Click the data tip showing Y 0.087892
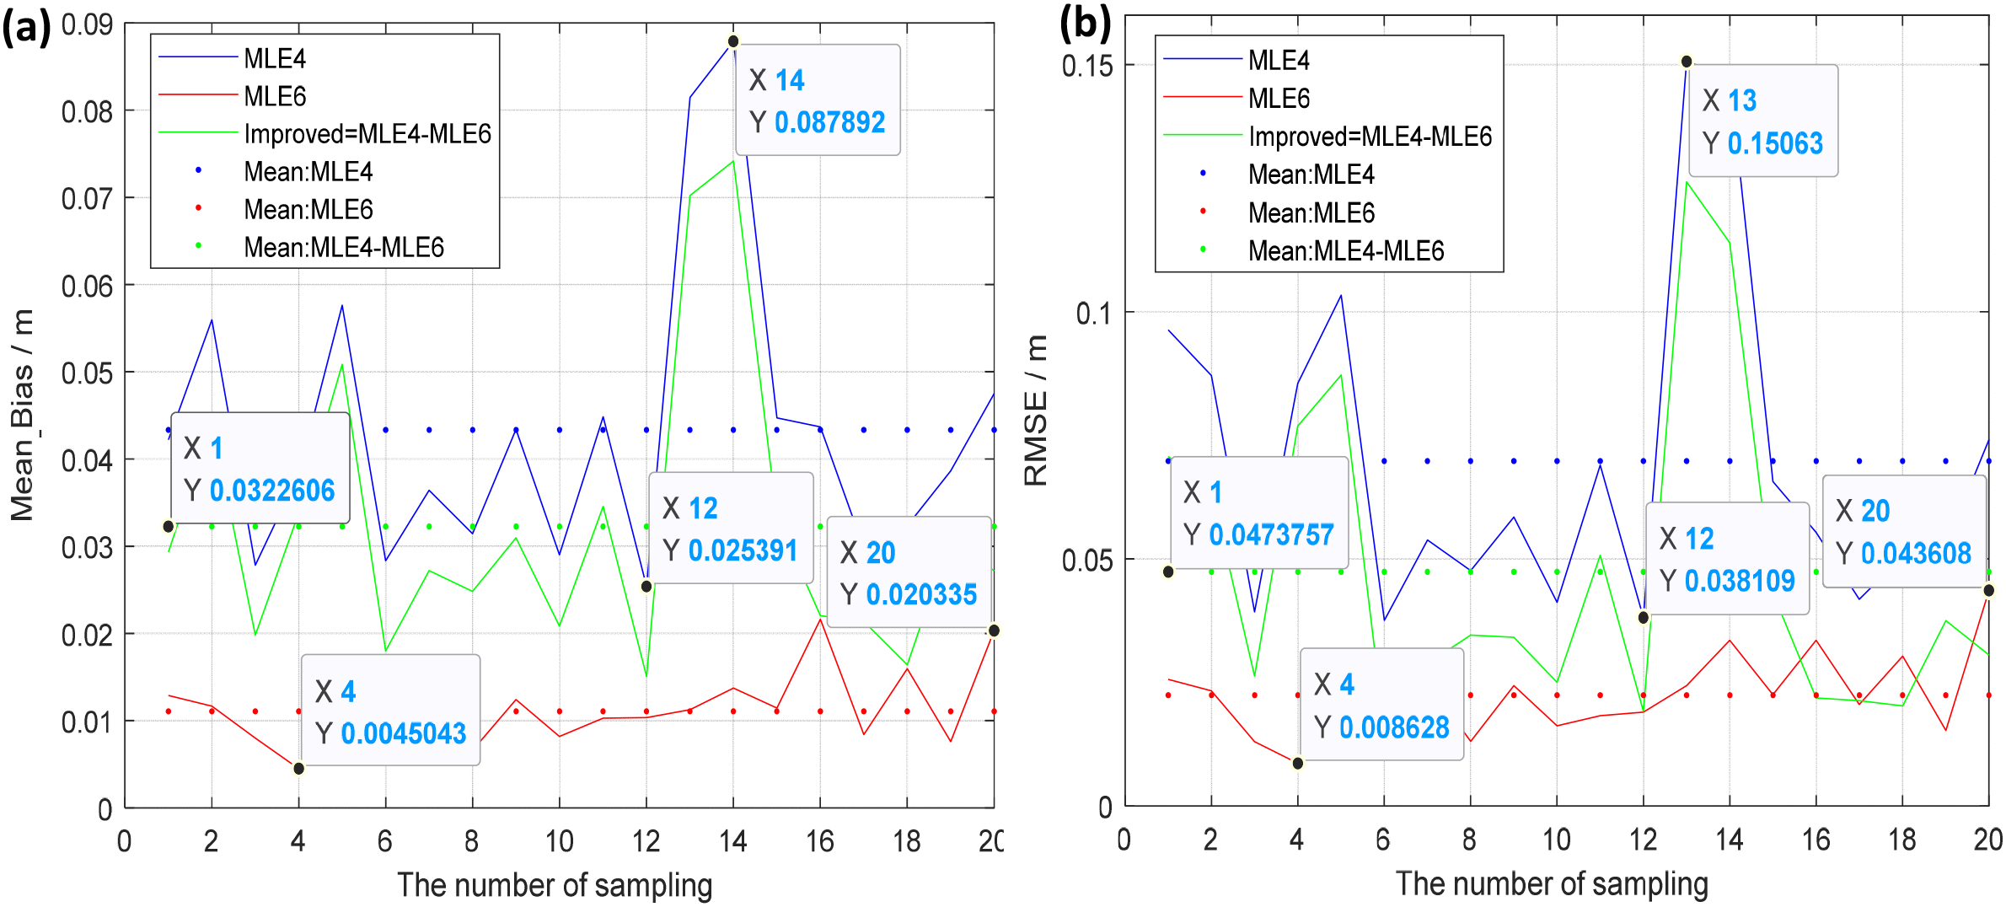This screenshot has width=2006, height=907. pyautogui.click(x=817, y=100)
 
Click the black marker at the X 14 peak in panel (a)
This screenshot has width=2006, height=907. pyautogui.click(x=733, y=40)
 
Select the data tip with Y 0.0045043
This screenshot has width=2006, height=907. pyautogui.click(x=390, y=711)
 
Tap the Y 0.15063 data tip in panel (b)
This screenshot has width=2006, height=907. pyautogui.click(x=1762, y=121)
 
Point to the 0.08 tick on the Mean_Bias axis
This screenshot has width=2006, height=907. pyautogui.click(x=87, y=111)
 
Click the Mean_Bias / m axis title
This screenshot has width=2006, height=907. pyautogui.click(x=23, y=415)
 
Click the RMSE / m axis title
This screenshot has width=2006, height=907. pyautogui.click(x=1035, y=411)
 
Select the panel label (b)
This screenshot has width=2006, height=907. pyautogui.click(x=1084, y=24)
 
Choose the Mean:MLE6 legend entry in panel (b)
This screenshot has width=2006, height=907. pyautogui.click(x=1311, y=212)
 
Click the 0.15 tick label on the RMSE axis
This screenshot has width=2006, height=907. pyautogui.click(x=1086, y=66)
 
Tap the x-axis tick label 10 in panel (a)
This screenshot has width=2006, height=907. pyautogui.click(x=559, y=840)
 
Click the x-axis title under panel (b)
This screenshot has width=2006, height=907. pyautogui.click(x=1552, y=883)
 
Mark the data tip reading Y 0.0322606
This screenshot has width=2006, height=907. pyautogui.click(x=260, y=468)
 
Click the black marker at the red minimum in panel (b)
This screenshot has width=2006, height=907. pyautogui.click(x=1298, y=763)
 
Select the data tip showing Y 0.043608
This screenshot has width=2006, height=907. pyautogui.click(x=1904, y=531)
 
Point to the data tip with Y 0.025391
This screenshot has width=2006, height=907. pyautogui.click(x=730, y=529)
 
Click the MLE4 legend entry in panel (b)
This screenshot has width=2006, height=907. pyautogui.click(x=1278, y=60)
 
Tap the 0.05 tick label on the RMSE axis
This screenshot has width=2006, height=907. pyautogui.click(x=1086, y=560)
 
